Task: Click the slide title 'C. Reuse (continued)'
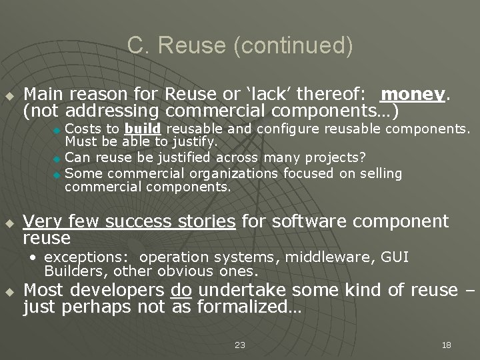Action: (240, 45)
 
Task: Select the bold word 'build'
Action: (142, 128)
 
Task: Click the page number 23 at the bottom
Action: (240, 345)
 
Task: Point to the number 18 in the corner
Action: (447, 345)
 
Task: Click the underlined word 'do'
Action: (181, 290)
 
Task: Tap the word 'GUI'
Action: (395, 257)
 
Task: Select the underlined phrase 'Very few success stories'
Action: (129, 221)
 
